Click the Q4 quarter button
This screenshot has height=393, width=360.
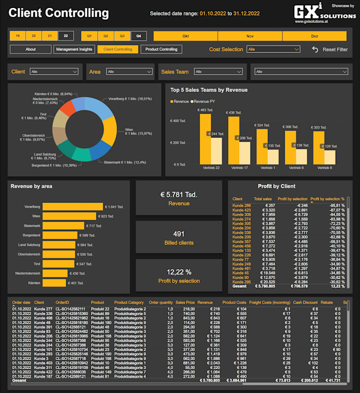coord(139,36)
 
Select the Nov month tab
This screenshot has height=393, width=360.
coord(250,36)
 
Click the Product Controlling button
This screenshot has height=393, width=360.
coord(161,49)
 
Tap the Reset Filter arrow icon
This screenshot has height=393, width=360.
coord(315,49)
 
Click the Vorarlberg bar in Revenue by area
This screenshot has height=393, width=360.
coord(73,207)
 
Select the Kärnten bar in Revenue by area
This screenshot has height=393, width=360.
coord(54,283)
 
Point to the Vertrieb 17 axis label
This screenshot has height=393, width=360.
coord(239,168)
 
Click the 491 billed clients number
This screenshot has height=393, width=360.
coord(179,234)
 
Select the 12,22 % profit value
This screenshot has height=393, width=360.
coord(178,272)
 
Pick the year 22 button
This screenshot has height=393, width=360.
coord(66,36)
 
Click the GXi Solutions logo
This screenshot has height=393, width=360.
coord(324,12)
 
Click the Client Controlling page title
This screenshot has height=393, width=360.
coord(59,13)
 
